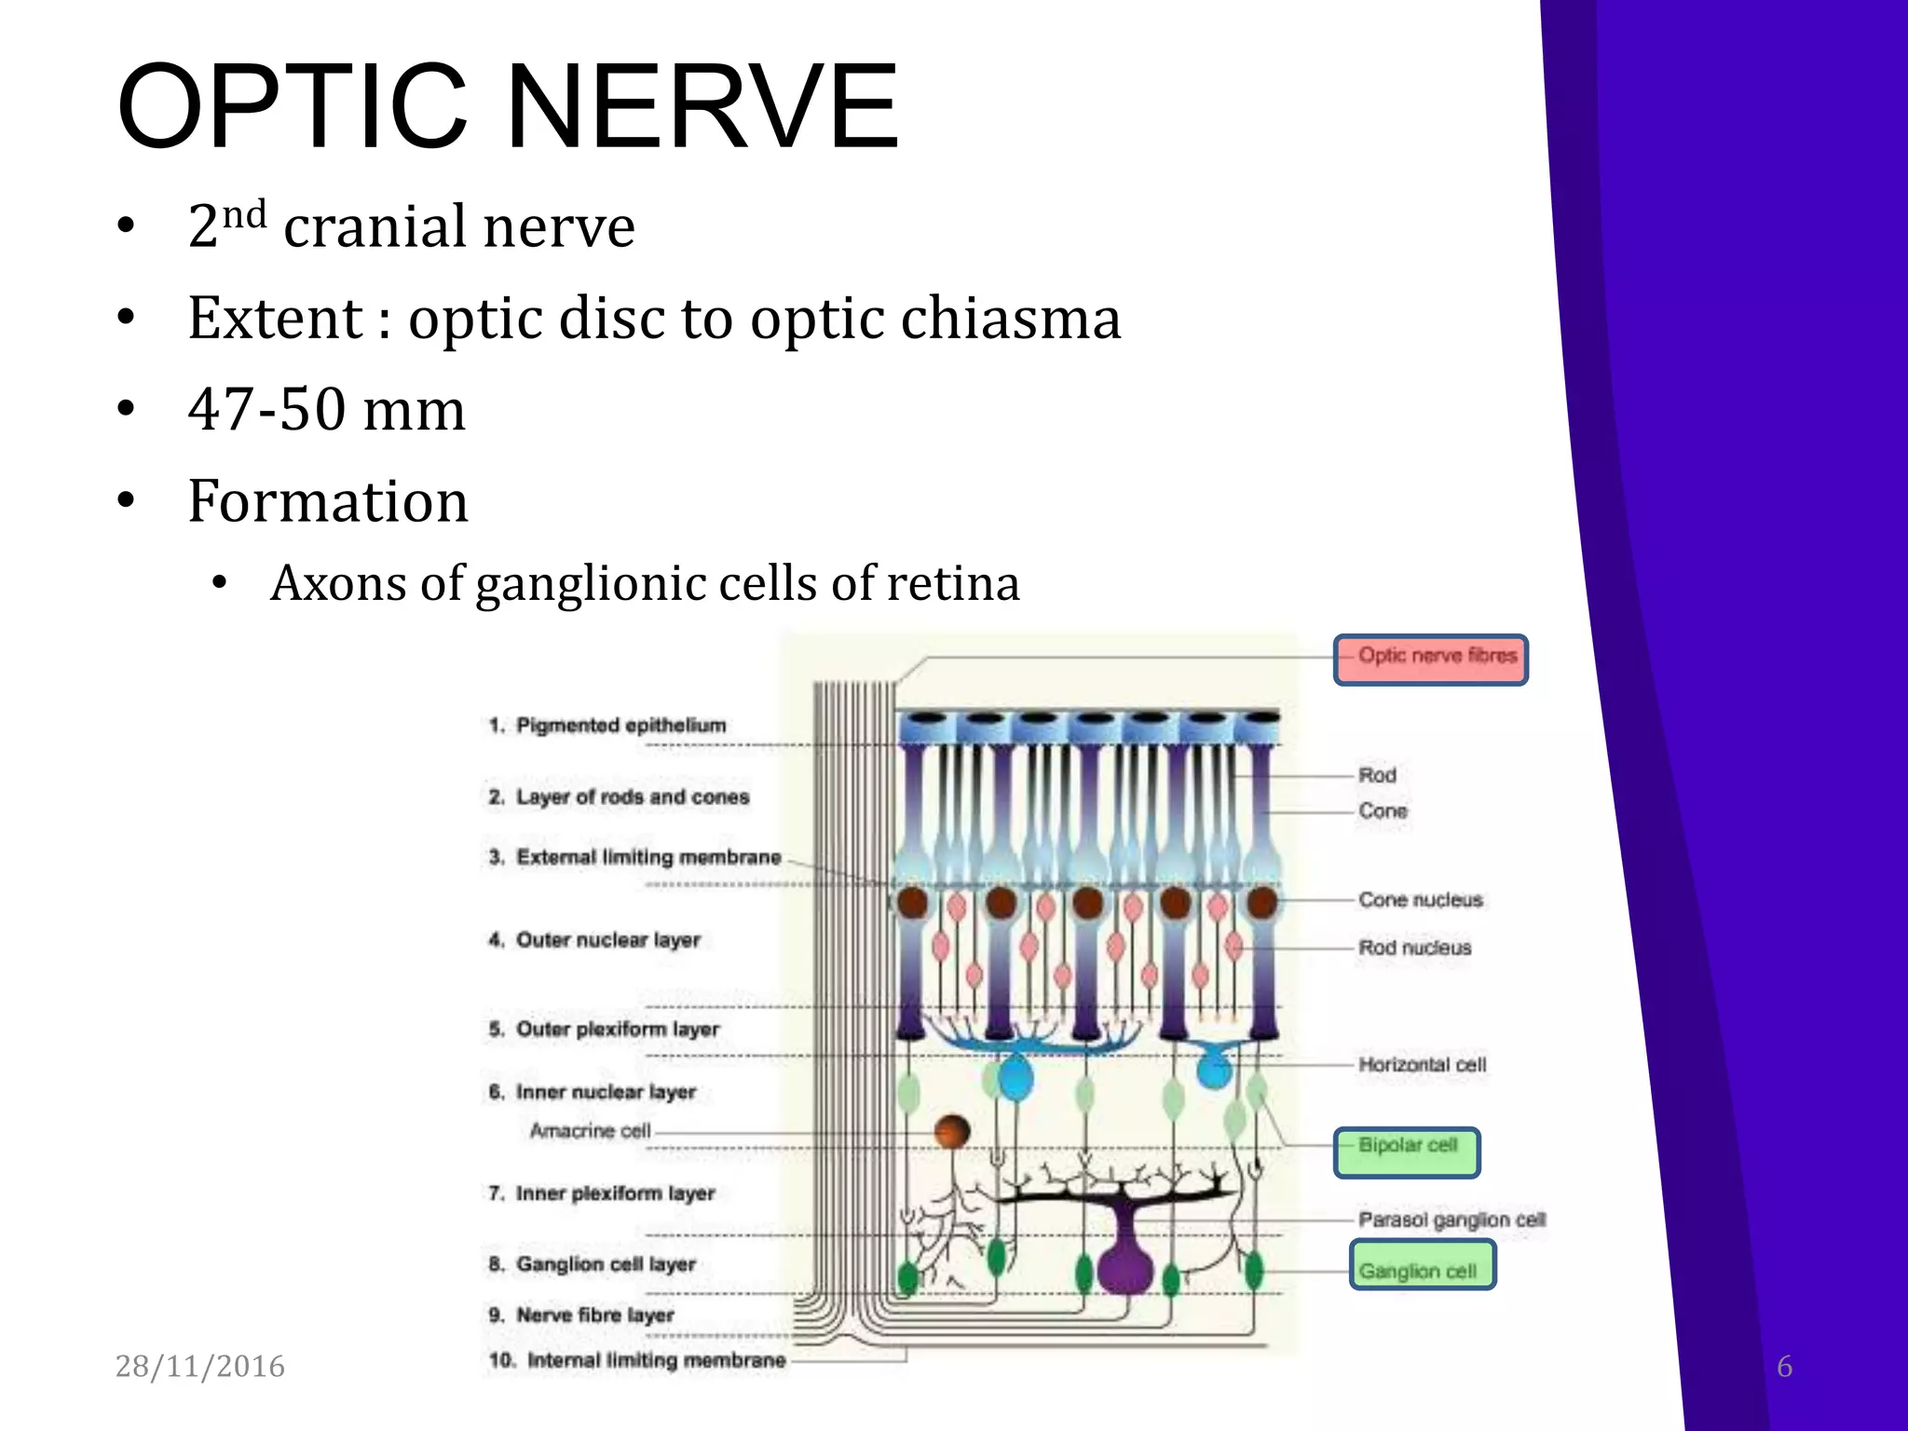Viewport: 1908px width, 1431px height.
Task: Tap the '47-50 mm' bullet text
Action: tap(326, 409)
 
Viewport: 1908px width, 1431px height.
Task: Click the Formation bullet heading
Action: tap(328, 500)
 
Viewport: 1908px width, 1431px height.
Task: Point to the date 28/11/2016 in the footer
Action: tap(199, 1366)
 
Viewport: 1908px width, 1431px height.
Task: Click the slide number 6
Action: tap(1784, 1366)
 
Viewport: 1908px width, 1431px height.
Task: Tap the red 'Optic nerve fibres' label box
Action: tap(1430, 659)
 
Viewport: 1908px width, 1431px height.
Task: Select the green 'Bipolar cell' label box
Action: tap(1407, 1152)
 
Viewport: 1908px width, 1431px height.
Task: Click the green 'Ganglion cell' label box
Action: tap(1422, 1265)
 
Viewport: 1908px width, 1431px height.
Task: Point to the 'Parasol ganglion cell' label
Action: tap(1451, 1220)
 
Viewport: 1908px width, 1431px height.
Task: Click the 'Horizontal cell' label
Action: tap(1422, 1064)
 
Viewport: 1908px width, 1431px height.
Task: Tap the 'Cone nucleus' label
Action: tap(1420, 900)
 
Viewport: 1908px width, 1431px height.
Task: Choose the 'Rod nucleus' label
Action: tap(1414, 947)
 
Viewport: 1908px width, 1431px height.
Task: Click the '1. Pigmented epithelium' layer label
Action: tap(607, 725)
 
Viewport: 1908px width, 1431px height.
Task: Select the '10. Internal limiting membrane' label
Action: tap(638, 1360)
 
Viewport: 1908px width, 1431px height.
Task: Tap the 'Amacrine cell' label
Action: tap(590, 1130)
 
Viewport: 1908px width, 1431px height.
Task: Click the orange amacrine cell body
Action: tap(952, 1131)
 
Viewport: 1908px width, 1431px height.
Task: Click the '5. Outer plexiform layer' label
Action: tap(604, 1029)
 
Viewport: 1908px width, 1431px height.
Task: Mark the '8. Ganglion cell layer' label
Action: tap(593, 1264)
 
